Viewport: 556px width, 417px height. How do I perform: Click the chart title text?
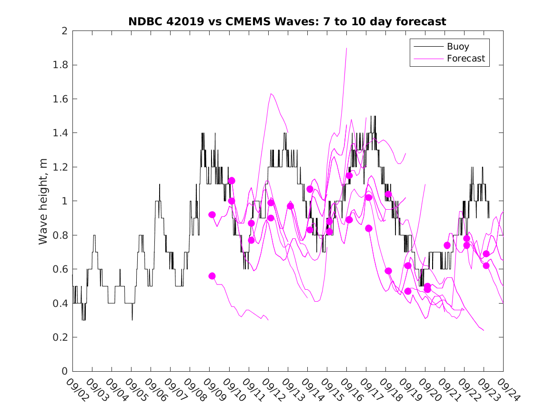click(287, 21)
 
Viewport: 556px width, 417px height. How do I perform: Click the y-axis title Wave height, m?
click(43, 201)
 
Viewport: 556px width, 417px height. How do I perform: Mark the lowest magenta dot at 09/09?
click(212, 276)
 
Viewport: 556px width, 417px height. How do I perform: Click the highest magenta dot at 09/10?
click(232, 181)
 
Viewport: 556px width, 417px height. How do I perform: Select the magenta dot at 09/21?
click(447, 245)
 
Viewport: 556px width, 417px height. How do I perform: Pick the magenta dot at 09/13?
click(290, 206)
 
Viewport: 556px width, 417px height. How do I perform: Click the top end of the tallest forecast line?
click(346, 48)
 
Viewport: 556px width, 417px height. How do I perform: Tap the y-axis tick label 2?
click(65, 31)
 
